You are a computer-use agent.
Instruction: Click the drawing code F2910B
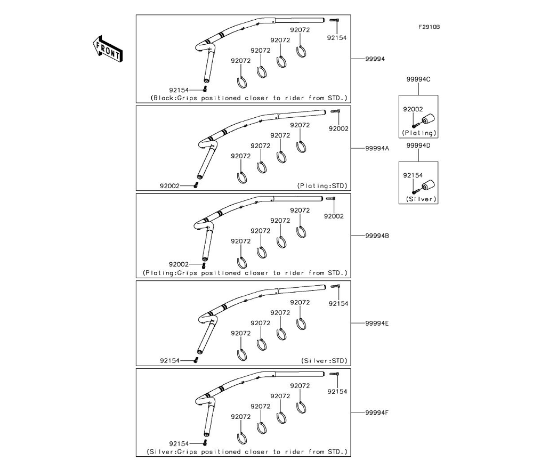tap(429, 27)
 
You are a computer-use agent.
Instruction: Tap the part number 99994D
tap(418, 145)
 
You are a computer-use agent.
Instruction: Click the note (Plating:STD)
tap(322, 185)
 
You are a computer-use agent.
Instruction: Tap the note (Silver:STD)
tap(324, 361)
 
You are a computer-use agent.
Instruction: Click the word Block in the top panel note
tap(163, 98)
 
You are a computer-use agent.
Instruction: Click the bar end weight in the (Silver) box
tap(426, 186)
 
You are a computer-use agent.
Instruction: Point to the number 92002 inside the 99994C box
tap(413, 109)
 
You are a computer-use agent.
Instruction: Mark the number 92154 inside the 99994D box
tap(413, 175)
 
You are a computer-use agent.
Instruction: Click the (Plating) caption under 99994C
tap(419, 133)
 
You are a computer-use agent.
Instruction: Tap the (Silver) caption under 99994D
tap(419, 199)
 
